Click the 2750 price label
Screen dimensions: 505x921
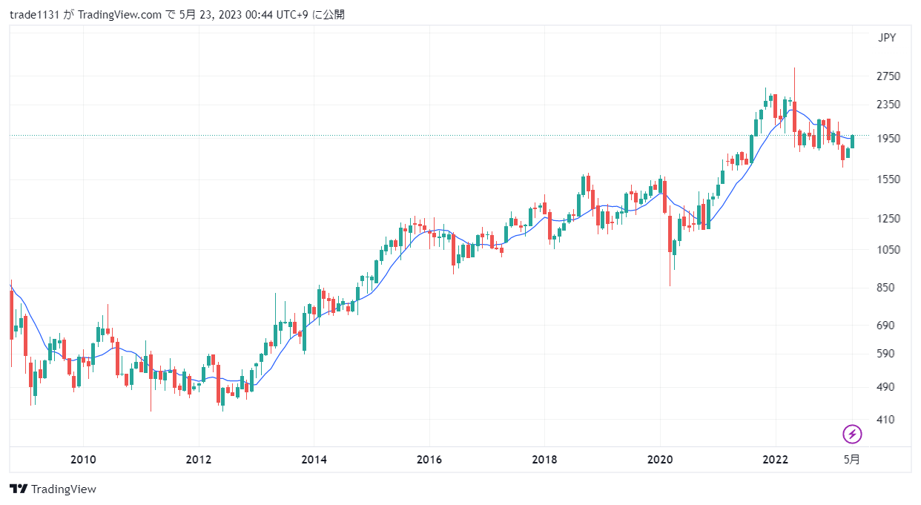(x=888, y=76)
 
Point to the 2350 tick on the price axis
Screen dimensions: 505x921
(x=888, y=105)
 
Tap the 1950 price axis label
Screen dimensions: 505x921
(x=888, y=139)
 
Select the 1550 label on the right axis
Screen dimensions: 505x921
(x=888, y=179)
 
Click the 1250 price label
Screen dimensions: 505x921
(x=888, y=219)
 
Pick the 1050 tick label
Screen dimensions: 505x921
(x=888, y=250)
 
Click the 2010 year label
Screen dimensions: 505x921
(x=83, y=460)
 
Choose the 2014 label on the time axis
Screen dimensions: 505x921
(x=314, y=460)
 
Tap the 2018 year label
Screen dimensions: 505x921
(x=544, y=460)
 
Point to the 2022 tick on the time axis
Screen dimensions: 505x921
(x=775, y=460)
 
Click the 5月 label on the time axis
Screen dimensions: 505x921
(x=852, y=460)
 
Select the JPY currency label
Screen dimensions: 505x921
(x=887, y=39)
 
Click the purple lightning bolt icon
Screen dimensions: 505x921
(x=852, y=434)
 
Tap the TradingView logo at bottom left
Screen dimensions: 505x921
(x=53, y=489)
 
